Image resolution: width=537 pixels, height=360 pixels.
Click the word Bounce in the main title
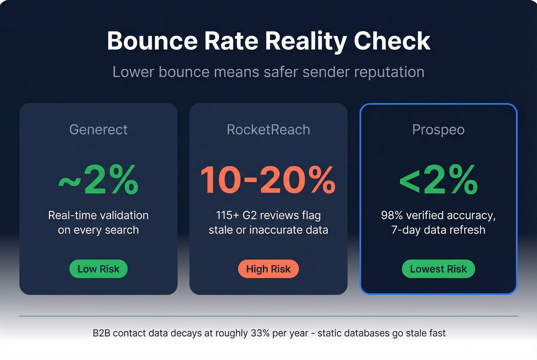click(152, 41)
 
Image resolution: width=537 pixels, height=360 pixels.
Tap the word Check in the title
click(392, 41)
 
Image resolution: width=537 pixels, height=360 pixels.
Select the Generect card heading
click(98, 130)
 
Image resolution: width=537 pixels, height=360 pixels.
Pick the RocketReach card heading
click(268, 130)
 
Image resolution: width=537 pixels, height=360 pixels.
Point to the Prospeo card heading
click(438, 130)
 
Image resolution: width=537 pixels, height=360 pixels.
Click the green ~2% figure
click(98, 179)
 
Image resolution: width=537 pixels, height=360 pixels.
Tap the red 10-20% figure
click(268, 179)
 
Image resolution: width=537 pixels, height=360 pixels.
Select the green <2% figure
click(438, 179)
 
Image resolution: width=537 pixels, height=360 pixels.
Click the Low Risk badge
click(98, 269)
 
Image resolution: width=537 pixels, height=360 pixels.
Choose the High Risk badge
click(268, 269)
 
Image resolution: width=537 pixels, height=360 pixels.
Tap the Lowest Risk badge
click(438, 269)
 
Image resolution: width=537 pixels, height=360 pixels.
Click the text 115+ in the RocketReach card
click(227, 215)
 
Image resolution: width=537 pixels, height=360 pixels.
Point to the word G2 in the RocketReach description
click(249, 215)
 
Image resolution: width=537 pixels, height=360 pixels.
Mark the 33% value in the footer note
click(260, 333)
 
